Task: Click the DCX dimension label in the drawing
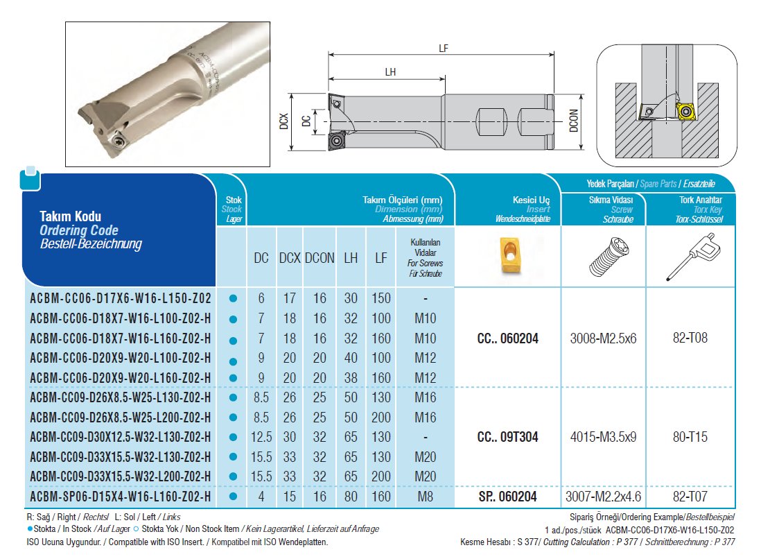pyautogui.click(x=284, y=123)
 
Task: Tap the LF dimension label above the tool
pyautogui.click(x=443, y=49)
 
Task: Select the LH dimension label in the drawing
pyautogui.click(x=390, y=72)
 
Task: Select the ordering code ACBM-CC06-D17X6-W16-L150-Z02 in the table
pyautogui.click(x=120, y=298)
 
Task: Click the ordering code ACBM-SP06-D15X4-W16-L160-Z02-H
pyautogui.click(x=120, y=497)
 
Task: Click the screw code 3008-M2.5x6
pyautogui.click(x=603, y=338)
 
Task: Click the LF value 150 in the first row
pyautogui.click(x=380, y=298)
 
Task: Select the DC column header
pyautogui.click(x=261, y=258)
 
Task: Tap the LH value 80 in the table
pyautogui.click(x=351, y=497)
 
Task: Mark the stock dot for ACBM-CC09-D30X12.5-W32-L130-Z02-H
pyautogui.click(x=233, y=438)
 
